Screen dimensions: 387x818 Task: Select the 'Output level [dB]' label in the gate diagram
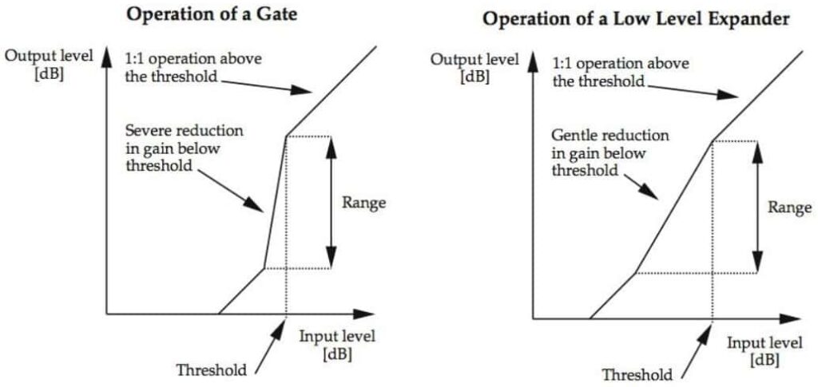pyautogui.click(x=48, y=65)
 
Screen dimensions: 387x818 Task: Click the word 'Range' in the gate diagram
pyautogui.click(x=363, y=203)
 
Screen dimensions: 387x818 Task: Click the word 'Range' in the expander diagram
pyautogui.click(x=789, y=207)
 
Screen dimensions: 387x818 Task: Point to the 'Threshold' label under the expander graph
pyautogui.click(x=637, y=374)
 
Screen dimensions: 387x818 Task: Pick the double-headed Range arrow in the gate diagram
pyautogui.click(x=330, y=203)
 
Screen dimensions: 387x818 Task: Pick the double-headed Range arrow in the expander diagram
pyautogui.click(x=756, y=207)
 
